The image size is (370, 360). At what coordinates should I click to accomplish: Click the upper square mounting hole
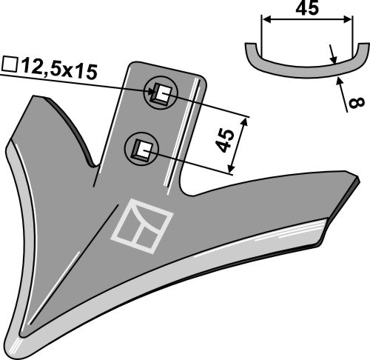(161, 94)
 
